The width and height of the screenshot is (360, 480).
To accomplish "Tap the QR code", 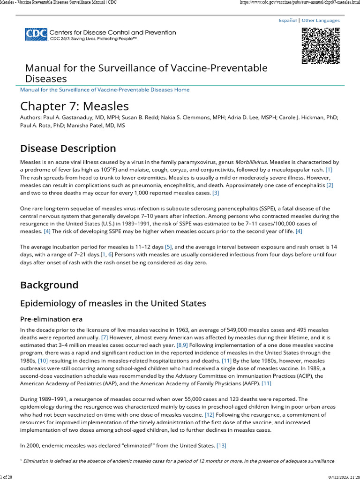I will point(320,45).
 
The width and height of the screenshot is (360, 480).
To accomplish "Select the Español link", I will point(288,21).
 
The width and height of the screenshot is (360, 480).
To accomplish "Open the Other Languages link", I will point(321,21).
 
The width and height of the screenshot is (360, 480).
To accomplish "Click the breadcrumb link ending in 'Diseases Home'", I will point(105,90).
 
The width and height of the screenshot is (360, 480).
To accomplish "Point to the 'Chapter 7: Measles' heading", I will point(74,105).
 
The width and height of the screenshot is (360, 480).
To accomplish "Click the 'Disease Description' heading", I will point(68,149).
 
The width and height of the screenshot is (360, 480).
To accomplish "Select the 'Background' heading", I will point(49,285).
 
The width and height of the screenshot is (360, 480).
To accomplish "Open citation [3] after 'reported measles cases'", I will point(216,193).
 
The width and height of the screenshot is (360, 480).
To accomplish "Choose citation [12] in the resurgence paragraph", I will point(210,415).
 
